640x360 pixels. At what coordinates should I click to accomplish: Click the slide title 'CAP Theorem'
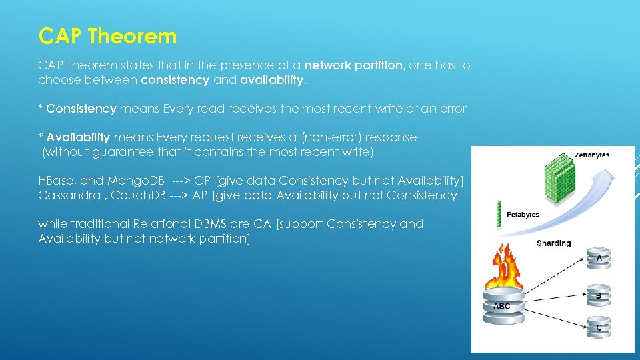point(107,36)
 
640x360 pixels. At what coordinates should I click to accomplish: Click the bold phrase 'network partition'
point(353,65)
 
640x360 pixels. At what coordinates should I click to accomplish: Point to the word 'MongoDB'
point(136,181)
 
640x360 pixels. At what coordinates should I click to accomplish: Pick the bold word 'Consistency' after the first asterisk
point(81,108)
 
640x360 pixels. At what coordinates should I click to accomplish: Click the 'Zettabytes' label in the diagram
point(591,155)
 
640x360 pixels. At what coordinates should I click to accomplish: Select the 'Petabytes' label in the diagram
point(523,215)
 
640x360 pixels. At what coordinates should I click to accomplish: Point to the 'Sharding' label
point(553,243)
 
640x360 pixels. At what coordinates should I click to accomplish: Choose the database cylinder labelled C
point(599,327)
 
